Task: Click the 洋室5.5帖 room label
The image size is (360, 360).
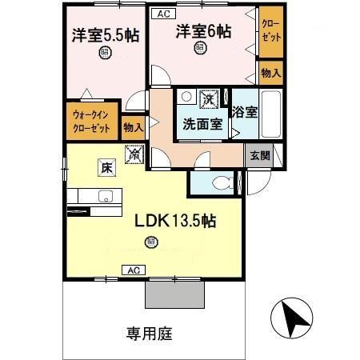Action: point(104,36)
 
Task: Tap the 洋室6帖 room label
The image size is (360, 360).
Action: point(204,32)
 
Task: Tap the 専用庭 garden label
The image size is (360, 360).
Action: point(149,332)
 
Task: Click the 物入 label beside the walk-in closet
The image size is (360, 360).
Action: point(134,126)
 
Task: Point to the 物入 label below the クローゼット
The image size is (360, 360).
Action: point(270,73)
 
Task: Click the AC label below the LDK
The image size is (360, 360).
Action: point(131,270)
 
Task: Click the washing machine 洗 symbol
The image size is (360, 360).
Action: point(207,98)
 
